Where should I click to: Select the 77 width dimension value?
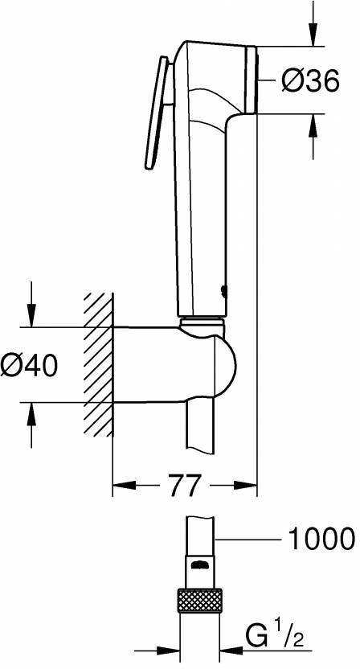pyautogui.click(x=184, y=485)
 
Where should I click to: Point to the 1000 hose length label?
pyautogui.click(x=320, y=538)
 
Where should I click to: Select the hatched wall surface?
pyautogui.click(x=96, y=365)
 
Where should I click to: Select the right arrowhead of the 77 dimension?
pyautogui.click(x=250, y=485)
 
